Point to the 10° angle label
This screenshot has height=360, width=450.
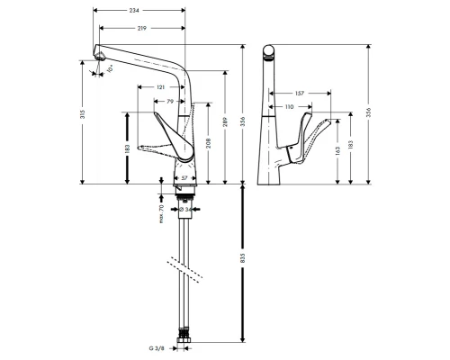coord(110,67)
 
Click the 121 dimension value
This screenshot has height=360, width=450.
coord(160,86)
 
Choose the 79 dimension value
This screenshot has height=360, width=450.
coord(168,102)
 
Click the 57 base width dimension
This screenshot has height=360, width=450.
coord(184,179)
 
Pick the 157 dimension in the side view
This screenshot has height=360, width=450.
coord(300,93)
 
